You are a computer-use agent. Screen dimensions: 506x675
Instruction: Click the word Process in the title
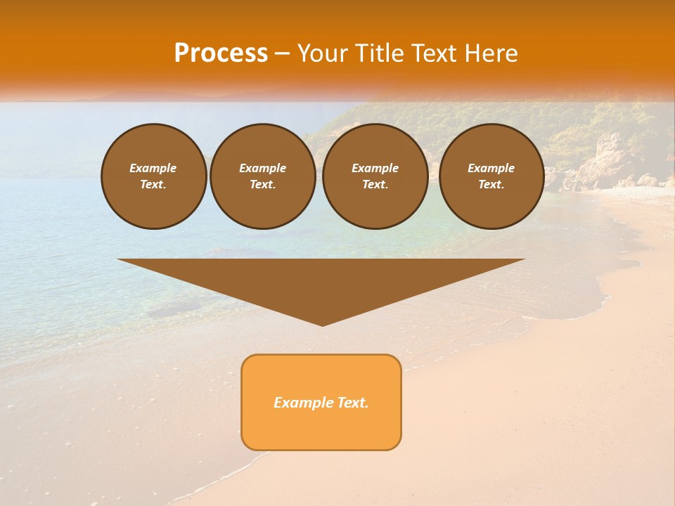pyautogui.click(x=221, y=53)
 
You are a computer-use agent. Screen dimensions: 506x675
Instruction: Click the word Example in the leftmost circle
pyautogui.click(x=153, y=168)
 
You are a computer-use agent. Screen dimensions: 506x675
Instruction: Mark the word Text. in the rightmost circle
pyautogui.click(x=491, y=184)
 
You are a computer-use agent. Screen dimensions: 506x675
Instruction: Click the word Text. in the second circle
pyautogui.click(x=263, y=184)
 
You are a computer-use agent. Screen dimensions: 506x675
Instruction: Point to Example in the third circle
pyautogui.click(x=375, y=168)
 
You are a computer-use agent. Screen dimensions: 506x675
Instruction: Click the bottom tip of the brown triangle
pyautogui.click(x=323, y=325)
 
